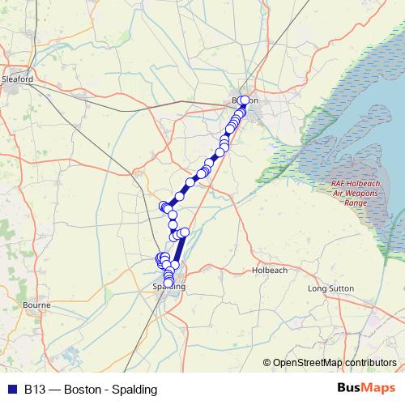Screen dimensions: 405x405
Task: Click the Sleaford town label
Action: click(x=17, y=79)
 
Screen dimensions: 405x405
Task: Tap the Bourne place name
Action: click(x=37, y=305)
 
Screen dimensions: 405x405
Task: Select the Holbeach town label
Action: click(x=268, y=270)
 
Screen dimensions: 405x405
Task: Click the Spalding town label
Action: click(x=169, y=288)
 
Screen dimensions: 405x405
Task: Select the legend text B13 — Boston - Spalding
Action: click(x=91, y=389)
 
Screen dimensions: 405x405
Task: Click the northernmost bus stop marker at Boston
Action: click(x=245, y=100)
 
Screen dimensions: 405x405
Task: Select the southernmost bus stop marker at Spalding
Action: click(x=169, y=283)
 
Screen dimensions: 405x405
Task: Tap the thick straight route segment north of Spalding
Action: click(x=179, y=249)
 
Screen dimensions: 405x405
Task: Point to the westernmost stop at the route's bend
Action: click(x=164, y=206)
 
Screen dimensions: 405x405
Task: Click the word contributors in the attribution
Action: click(x=369, y=362)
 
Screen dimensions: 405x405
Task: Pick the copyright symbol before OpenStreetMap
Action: click(x=267, y=362)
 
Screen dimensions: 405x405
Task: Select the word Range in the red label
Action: click(x=354, y=202)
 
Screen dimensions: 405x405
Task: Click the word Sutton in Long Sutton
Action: click(x=343, y=288)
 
